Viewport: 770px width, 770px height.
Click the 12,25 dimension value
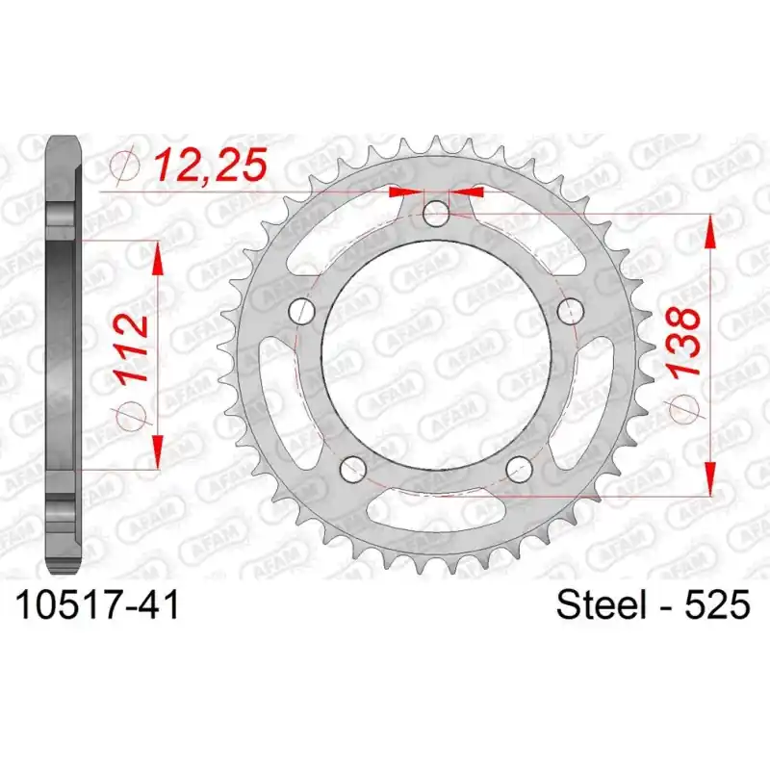coord(211,164)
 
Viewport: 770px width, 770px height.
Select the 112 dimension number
coord(130,348)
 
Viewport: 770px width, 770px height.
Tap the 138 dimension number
coord(684,343)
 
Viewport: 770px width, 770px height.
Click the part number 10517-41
coord(98,605)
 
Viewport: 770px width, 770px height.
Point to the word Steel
coord(601,605)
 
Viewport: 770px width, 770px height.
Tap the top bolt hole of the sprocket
coord(436,214)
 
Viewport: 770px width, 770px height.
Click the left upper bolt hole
coord(301,310)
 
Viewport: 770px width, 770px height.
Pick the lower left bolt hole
coord(353,469)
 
